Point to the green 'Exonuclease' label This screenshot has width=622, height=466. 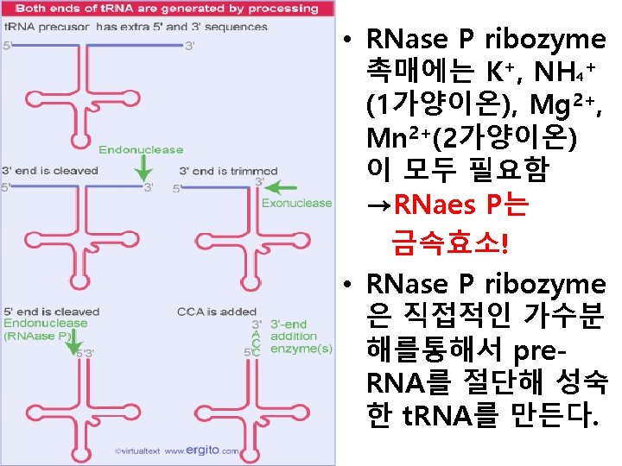(x=296, y=204)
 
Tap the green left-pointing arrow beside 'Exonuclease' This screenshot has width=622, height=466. (x=280, y=186)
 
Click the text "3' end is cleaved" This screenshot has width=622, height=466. (x=50, y=170)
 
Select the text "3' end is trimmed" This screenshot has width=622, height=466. (x=227, y=170)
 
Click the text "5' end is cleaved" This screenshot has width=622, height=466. (x=51, y=311)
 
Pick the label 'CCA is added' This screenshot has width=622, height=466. (x=216, y=311)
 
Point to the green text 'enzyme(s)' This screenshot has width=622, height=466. (x=301, y=349)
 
